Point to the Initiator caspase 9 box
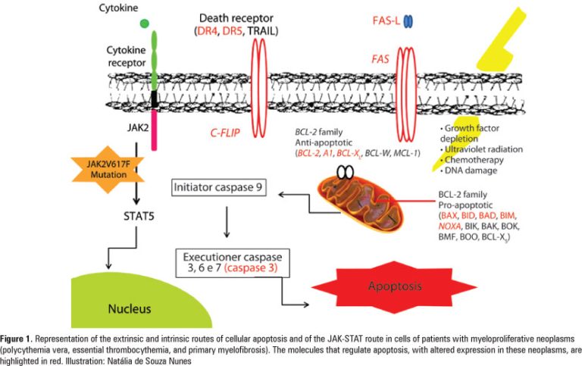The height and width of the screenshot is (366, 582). [218, 183]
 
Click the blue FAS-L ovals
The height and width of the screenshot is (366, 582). [408, 23]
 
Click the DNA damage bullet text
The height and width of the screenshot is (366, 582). [470, 172]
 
